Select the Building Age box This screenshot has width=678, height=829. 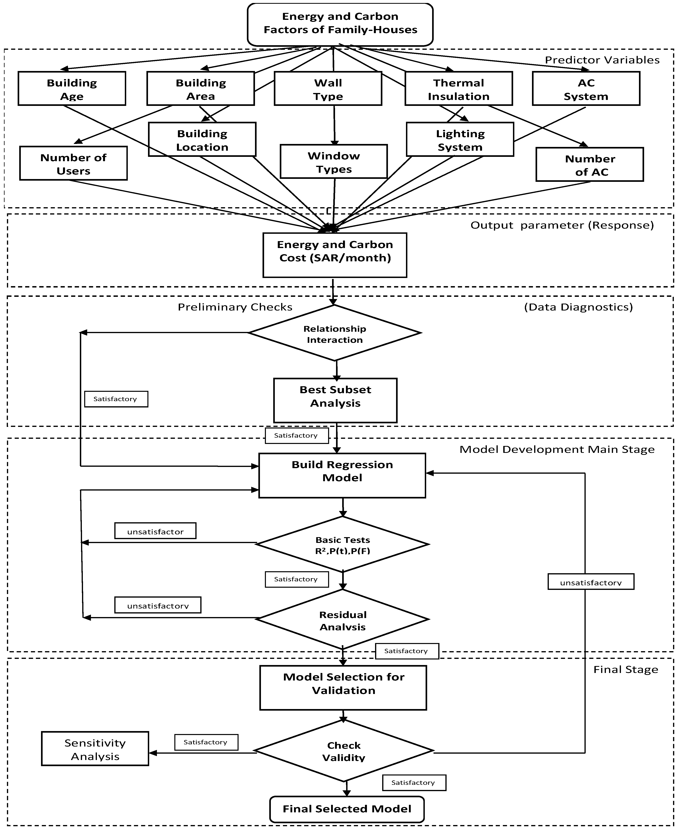click(x=72, y=89)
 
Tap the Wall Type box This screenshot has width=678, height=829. click(x=328, y=89)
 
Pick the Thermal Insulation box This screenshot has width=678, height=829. click(x=458, y=89)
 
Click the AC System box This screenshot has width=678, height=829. click(x=586, y=89)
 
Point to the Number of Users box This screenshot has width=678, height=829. click(x=74, y=163)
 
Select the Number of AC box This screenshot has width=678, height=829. click(x=590, y=165)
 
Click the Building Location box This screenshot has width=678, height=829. click(x=202, y=140)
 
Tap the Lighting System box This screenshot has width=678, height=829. click(x=460, y=140)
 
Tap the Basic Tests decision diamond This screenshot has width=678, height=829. click(x=343, y=544)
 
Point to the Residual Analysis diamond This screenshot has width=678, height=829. click(x=343, y=619)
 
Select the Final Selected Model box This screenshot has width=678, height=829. click(x=347, y=809)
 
